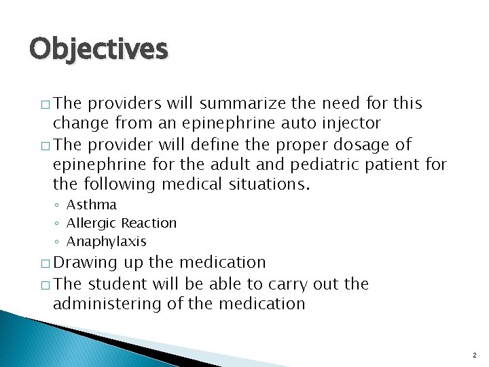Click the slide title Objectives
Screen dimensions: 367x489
pyautogui.click(x=98, y=49)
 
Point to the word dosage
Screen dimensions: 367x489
pyautogui.click(x=368, y=145)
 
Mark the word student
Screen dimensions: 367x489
pyautogui.click(x=120, y=283)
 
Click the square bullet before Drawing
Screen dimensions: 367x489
pyautogui.click(x=45, y=264)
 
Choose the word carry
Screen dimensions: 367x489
pyautogui.click(x=289, y=283)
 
